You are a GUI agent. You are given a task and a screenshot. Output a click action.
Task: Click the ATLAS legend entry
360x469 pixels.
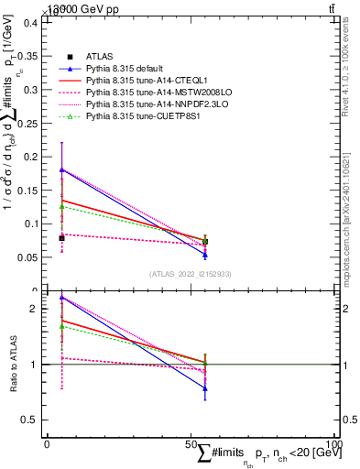pos(99,57)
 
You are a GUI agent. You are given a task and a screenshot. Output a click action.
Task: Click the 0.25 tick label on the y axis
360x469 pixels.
pos(30,123)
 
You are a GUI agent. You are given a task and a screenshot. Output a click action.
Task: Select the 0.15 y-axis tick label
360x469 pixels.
pos(30,190)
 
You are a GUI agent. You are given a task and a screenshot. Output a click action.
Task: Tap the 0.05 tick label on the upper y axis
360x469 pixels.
pos(30,256)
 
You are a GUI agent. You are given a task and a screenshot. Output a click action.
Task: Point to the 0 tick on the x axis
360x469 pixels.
pos(47,444)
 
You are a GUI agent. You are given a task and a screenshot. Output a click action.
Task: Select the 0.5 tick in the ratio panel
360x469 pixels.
pos(32,420)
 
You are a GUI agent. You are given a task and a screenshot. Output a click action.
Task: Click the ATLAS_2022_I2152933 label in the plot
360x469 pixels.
pos(190,274)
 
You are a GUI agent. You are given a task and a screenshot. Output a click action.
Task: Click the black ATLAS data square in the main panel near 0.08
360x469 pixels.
pos(61,238)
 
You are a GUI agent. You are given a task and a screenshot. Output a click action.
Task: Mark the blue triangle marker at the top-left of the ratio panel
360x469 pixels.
pos(61,297)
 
